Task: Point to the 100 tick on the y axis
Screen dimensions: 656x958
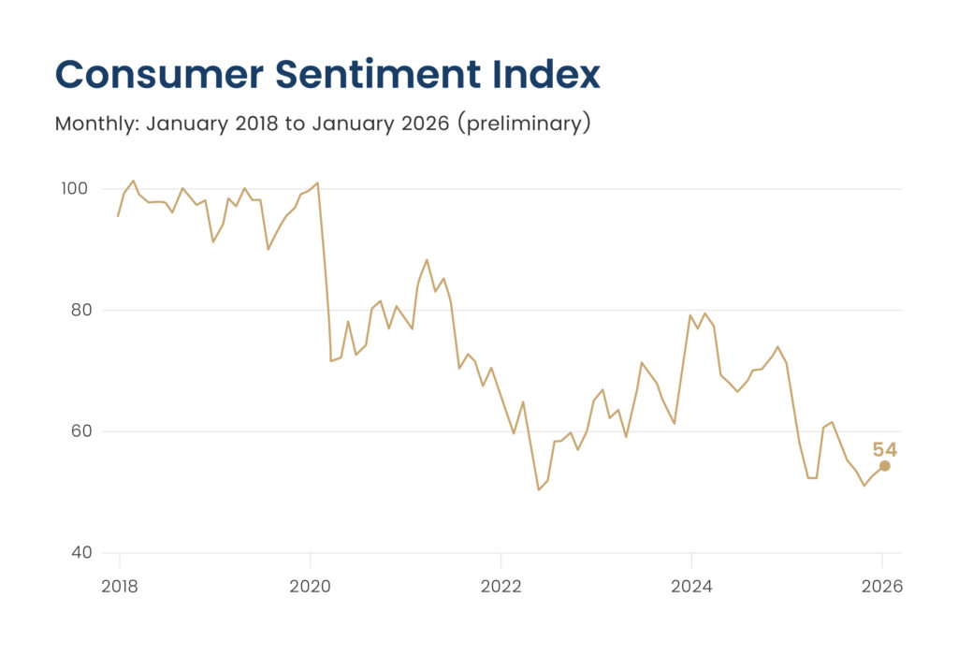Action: point(75,189)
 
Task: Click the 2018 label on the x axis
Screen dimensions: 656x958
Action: point(119,588)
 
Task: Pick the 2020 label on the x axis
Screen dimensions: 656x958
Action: point(310,588)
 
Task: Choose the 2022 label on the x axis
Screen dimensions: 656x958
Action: point(501,588)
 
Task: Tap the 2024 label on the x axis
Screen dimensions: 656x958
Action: point(691,588)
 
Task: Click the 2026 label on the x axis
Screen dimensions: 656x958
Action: point(882,588)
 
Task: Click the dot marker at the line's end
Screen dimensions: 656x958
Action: point(884,466)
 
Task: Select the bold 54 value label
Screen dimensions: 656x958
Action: point(884,450)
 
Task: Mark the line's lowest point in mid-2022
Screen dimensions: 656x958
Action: point(539,489)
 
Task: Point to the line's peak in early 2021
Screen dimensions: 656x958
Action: point(427,260)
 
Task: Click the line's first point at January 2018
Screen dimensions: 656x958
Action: point(118,216)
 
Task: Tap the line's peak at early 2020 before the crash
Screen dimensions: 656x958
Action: point(318,182)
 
